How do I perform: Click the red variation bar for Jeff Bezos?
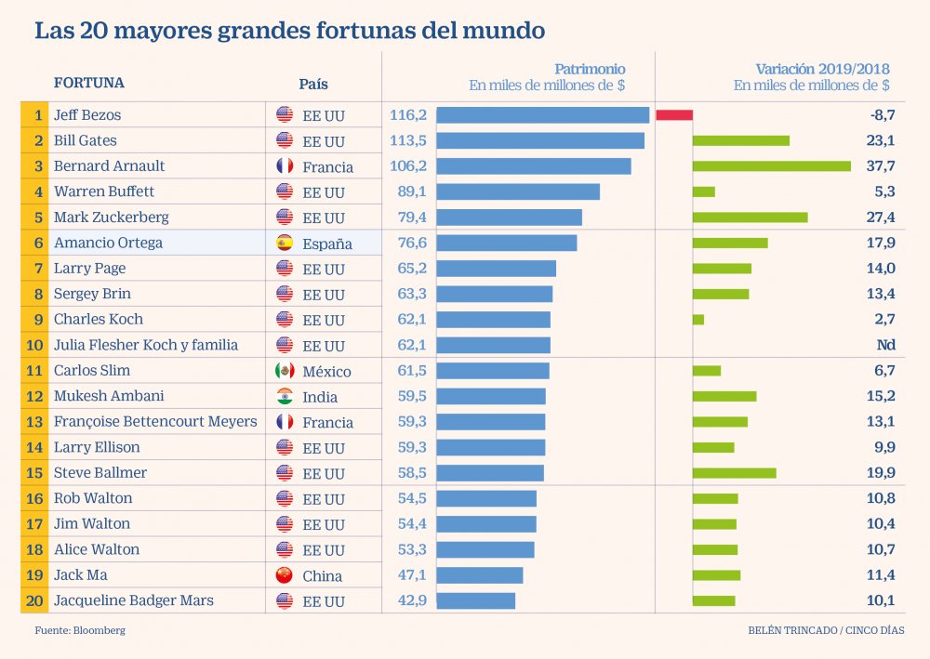pyautogui.click(x=674, y=115)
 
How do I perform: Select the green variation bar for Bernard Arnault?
pyautogui.click(x=771, y=166)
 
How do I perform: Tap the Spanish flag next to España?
pyautogui.click(x=285, y=244)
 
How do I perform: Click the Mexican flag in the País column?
pyautogui.click(x=285, y=371)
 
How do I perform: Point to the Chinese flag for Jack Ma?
pyautogui.click(x=285, y=575)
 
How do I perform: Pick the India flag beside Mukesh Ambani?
pyautogui.click(x=285, y=397)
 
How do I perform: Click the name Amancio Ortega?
pyautogui.click(x=108, y=243)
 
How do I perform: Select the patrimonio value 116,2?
pyautogui.click(x=407, y=115)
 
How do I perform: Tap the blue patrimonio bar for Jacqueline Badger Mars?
pyautogui.click(x=475, y=600)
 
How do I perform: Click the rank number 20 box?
pyautogui.click(x=33, y=600)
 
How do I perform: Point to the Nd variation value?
pyautogui.click(x=884, y=345)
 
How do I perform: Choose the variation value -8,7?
pyautogui.click(x=877, y=115)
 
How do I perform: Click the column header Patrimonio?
pyautogui.click(x=590, y=69)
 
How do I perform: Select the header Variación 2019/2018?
pyautogui.click(x=822, y=69)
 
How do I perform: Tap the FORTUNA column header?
pyautogui.click(x=88, y=83)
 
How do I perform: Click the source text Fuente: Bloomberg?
pyautogui.click(x=80, y=630)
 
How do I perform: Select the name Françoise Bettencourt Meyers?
pyautogui.click(x=155, y=421)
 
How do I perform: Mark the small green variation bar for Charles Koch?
pyautogui.click(x=697, y=320)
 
